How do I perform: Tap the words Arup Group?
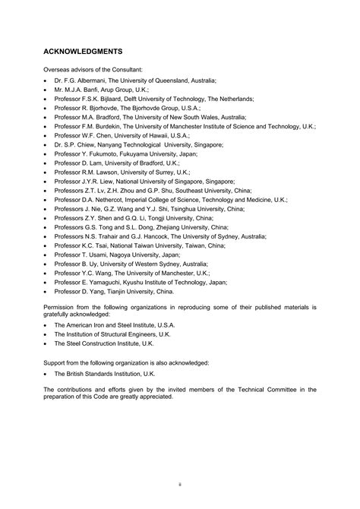click(109, 89)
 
